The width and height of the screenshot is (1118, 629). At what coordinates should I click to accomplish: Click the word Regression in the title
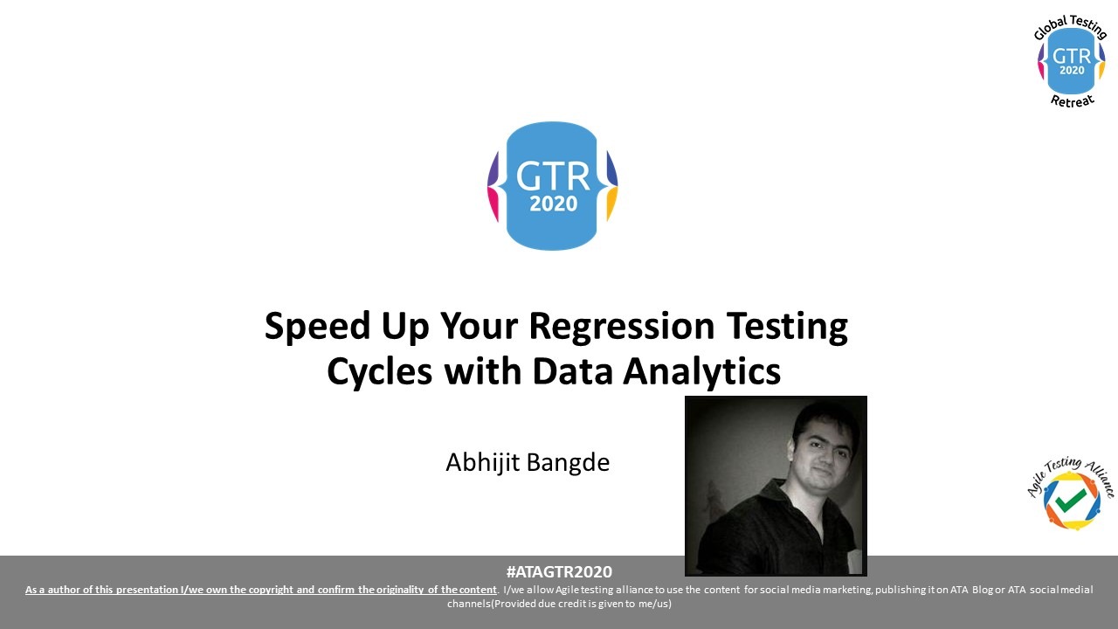pyautogui.click(x=621, y=327)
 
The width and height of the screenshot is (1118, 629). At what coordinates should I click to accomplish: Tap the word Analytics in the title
pyautogui.click(x=701, y=371)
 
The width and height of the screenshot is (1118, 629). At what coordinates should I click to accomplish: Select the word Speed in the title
pyautogui.click(x=317, y=327)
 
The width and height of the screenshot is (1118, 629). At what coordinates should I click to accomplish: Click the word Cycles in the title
pyautogui.click(x=379, y=371)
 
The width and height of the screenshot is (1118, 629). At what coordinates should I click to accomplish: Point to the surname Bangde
pyautogui.click(x=568, y=463)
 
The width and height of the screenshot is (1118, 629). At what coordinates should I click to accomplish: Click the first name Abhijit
pyautogui.click(x=483, y=463)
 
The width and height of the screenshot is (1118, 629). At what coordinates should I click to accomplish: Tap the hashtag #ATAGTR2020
pyautogui.click(x=559, y=571)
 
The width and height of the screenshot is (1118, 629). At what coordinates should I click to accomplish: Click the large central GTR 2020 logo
pyautogui.click(x=553, y=186)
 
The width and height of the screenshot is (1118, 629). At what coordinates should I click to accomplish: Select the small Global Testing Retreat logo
pyautogui.click(x=1071, y=60)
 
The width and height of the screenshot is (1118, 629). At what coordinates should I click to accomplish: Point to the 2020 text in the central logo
pyautogui.click(x=553, y=204)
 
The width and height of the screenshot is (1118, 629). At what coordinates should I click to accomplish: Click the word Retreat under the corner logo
pyautogui.click(x=1072, y=100)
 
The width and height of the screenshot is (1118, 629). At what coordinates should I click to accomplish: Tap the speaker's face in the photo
pyautogui.click(x=823, y=449)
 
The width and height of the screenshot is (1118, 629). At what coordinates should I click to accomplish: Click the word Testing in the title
pyautogui.click(x=787, y=327)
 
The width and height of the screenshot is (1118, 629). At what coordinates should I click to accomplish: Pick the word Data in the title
pyautogui.click(x=572, y=371)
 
